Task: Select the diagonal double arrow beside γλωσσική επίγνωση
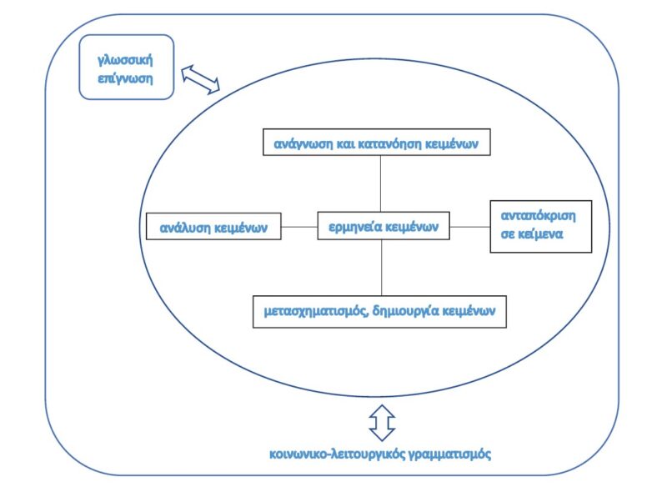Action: click(200, 80)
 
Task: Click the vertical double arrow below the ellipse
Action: click(382, 421)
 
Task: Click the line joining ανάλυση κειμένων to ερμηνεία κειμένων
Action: click(298, 226)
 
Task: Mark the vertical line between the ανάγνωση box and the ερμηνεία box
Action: click(381, 183)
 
